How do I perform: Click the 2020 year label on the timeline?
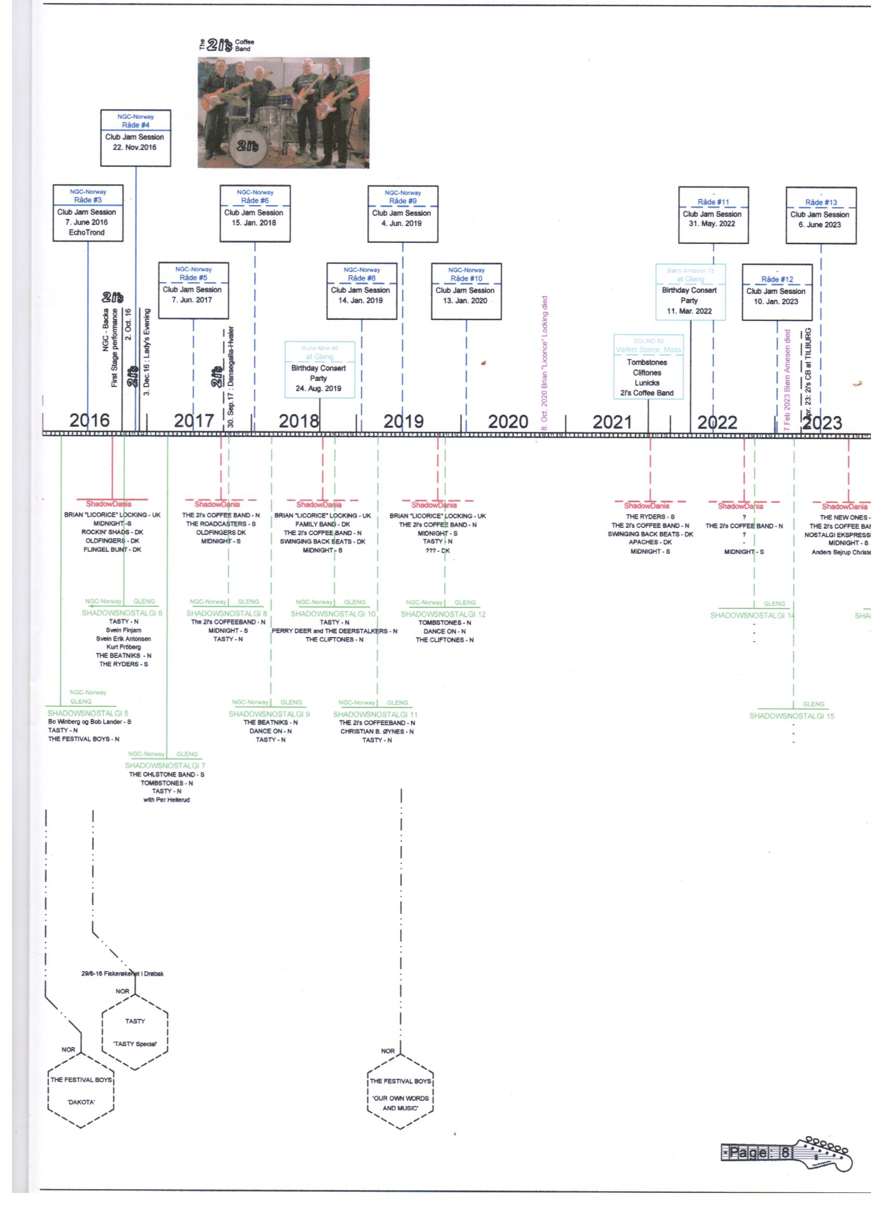(508, 421)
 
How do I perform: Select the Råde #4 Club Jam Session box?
(136, 138)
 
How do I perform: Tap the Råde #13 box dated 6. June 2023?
(820, 215)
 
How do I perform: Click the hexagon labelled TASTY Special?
(135, 1032)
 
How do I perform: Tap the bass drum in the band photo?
(247, 145)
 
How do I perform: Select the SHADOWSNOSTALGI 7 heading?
(165, 765)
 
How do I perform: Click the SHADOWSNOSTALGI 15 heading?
(792, 716)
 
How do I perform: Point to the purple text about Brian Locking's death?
(544, 363)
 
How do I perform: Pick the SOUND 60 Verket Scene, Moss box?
(648, 367)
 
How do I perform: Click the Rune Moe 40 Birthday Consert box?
(319, 369)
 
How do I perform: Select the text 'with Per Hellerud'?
(167, 800)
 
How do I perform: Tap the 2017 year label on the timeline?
(193, 420)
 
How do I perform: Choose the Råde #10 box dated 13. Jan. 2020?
(466, 291)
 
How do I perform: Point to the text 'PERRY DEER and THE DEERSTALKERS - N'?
(334, 631)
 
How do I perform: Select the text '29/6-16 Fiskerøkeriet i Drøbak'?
(122, 974)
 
